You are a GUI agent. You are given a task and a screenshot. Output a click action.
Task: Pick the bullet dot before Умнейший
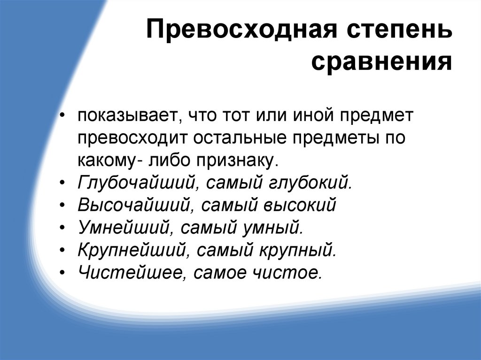pyautogui.click(x=63, y=229)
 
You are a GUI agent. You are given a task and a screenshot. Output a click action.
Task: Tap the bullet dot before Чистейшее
pyautogui.click(x=63, y=273)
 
